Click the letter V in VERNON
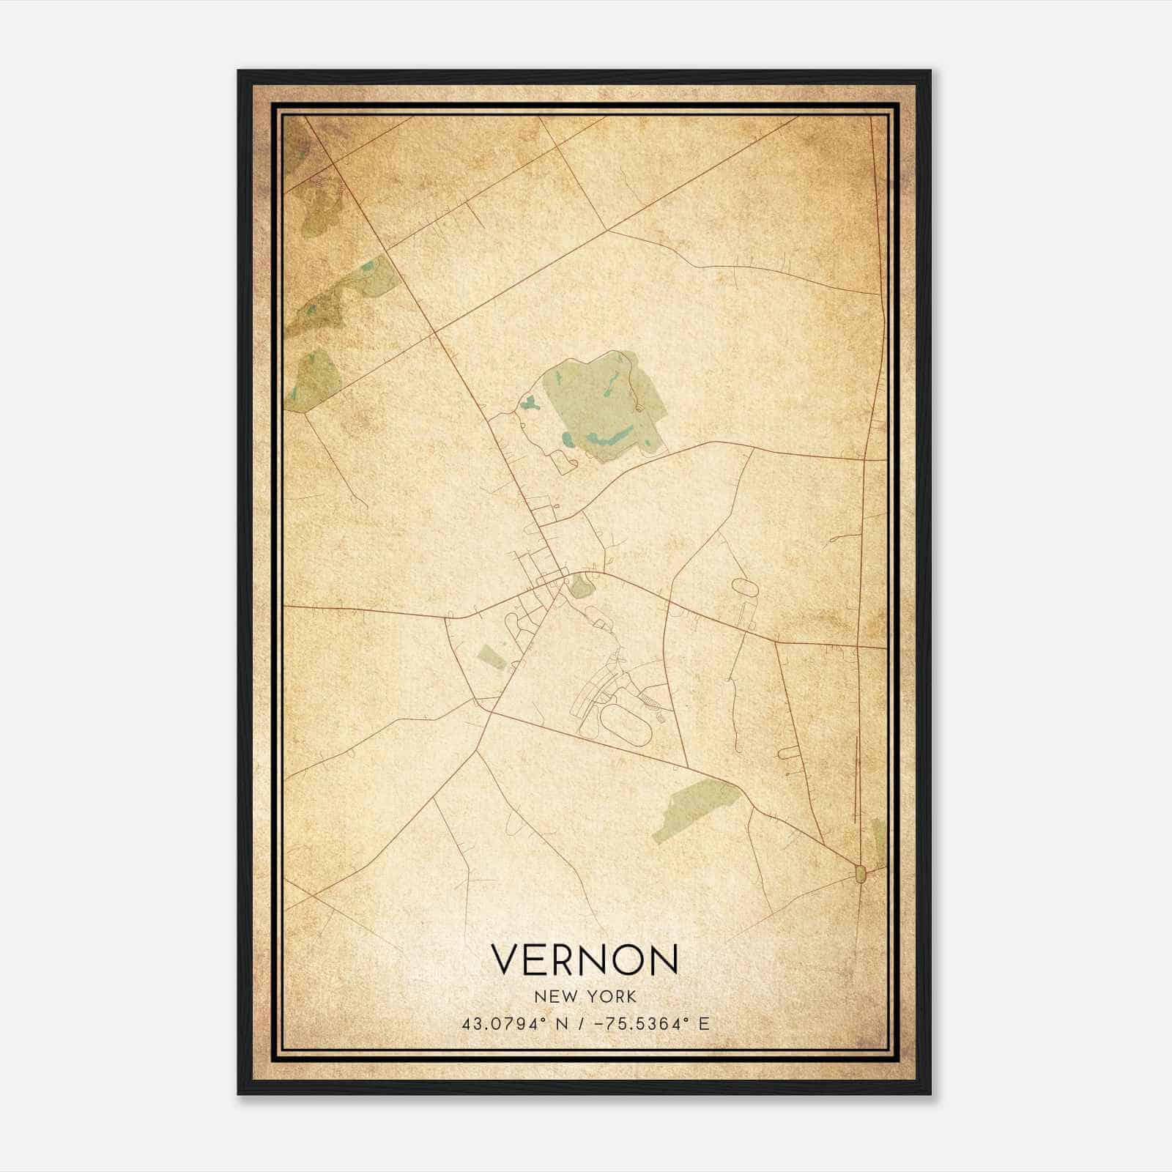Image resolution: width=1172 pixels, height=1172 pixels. tap(506, 960)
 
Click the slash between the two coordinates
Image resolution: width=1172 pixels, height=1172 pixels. tap(579, 1024)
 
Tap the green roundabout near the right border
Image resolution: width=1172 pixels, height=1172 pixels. tap(861, 872)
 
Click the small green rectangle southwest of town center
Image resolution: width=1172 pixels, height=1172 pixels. tap(490, 656)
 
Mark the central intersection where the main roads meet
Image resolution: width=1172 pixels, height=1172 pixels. tap(563, 579)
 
